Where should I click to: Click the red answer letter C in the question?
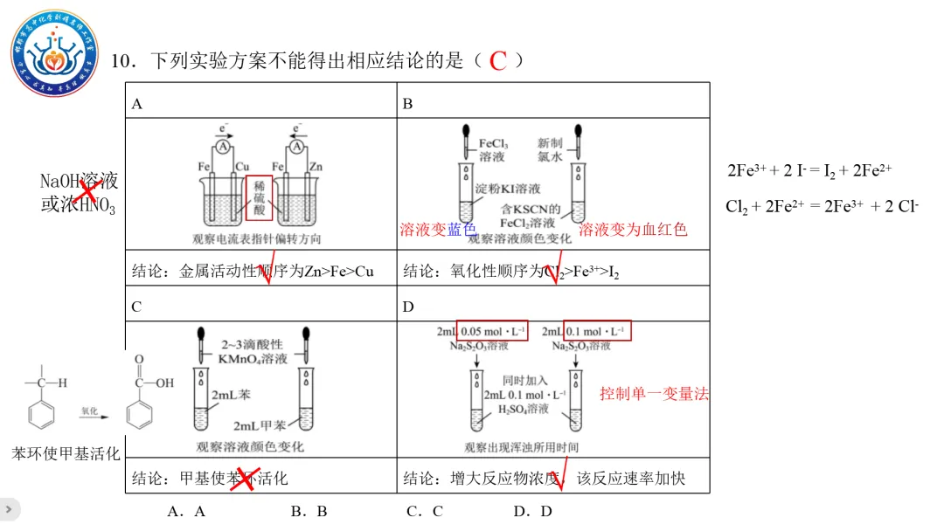(x=498, y=61)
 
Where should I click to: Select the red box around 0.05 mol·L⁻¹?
(x=493, y=331)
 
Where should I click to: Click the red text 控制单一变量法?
(x=654, y=394)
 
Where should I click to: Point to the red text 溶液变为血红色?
(x=633, y=230)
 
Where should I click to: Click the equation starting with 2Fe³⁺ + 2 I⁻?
(x=809, y=171)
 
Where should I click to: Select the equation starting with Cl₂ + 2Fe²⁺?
(x=822, y=207)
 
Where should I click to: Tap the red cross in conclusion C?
(x=242, y=479)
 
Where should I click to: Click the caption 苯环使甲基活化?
(x=66, y=453)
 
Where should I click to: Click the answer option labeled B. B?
(x=309, y=511)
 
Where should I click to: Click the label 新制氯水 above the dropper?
(x=550, y=149)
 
